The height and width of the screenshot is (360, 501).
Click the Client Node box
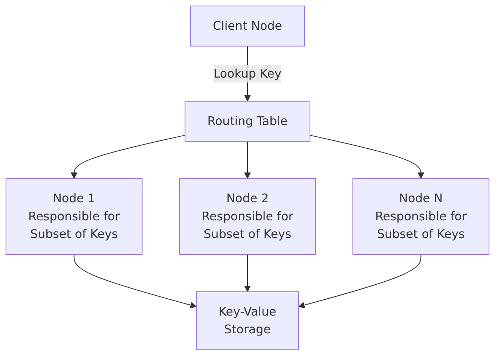(247, 26)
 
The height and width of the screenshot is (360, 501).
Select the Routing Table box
(247, 121)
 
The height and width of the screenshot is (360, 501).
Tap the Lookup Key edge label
(247, 73)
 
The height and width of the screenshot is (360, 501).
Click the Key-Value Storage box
(247, 320)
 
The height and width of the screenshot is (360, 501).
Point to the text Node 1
(74, 198)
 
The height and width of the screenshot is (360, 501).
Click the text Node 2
(247, 198)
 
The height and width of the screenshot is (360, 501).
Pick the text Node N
(421, 198)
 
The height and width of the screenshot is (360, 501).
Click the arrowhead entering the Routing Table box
(247, 98)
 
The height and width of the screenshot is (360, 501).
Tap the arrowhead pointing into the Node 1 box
(74, 175)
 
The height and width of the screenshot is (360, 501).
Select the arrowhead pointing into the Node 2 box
(247, 175)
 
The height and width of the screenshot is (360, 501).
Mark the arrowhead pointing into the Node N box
(421, 175)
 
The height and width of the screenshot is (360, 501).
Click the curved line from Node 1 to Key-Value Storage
(119, 285)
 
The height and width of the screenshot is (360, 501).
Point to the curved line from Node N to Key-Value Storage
(376, 285)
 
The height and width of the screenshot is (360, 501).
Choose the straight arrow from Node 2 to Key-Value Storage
(247, 273)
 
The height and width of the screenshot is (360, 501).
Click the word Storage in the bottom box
(247, 329)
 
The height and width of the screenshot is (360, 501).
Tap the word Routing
(230, 121)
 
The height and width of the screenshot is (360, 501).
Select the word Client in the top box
(231, 26)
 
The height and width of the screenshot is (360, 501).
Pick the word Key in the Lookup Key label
(270, 74)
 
